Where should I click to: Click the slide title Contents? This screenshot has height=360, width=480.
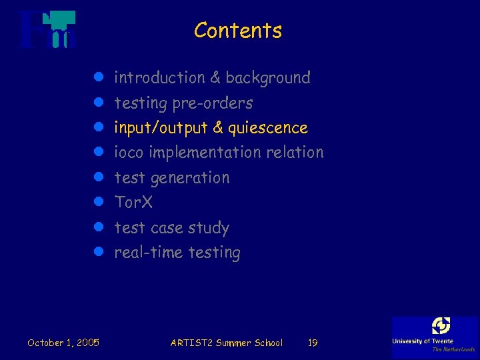coord(238,31)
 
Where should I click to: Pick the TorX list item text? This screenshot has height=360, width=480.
coord(133,202)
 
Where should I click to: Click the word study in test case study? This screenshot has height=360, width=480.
coord(208,228)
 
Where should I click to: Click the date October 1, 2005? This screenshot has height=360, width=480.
coord(63,343)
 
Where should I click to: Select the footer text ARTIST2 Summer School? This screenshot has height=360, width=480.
coord(226,343)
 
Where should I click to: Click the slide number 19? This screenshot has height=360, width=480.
coord(312,343)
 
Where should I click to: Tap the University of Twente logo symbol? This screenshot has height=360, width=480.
coord(441,326)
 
